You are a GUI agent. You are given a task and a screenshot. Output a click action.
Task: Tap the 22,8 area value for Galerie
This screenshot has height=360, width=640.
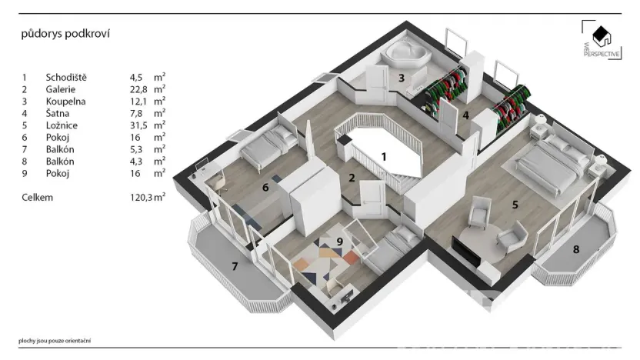pos(138,89)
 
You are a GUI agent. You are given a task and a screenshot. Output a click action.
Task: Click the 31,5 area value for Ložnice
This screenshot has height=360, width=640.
pos(138,125)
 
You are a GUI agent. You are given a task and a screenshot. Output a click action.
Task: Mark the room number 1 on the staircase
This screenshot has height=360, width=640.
pos(383,156)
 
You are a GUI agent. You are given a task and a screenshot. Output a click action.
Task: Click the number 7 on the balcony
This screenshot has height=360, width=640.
pos(236,267)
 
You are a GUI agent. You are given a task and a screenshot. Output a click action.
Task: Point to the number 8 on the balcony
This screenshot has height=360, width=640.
pos(576,248)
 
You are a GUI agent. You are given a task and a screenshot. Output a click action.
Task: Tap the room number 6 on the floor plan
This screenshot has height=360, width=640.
pos(265,186)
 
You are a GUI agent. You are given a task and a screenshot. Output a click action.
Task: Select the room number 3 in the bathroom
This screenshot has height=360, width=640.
pos(401,78)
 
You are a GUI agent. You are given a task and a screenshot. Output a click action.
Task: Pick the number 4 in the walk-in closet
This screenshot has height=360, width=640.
pos(465,115)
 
